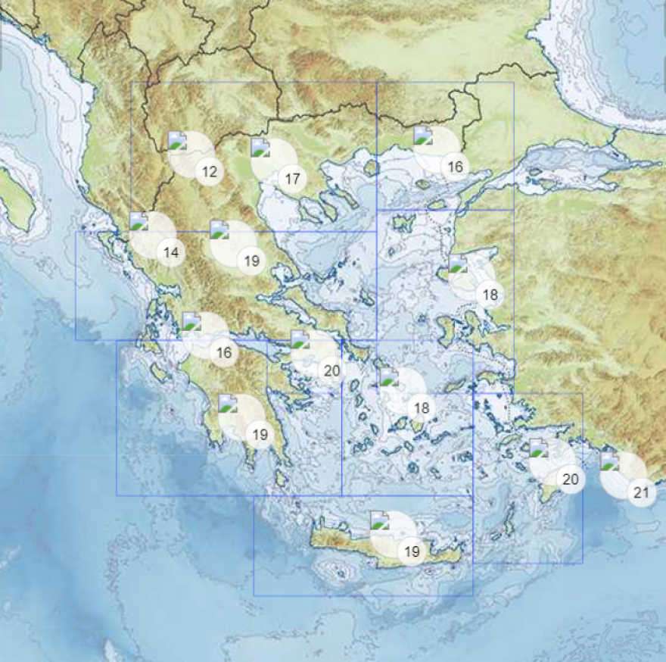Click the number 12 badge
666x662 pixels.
pos(210,172)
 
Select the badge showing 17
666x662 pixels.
pos(292,180)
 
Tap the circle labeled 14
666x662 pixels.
pos(172,253)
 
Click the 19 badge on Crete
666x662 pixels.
pos(412,552)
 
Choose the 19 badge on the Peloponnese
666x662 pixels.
pos(260,435)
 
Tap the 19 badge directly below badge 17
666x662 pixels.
pos(252,261)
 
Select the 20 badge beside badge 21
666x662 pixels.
pos(571,479)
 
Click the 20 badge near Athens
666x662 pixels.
pos(331,371)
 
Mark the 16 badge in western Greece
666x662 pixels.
pos(224,353)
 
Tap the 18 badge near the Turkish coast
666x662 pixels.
pos(490,295)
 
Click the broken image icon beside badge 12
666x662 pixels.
pos(177,140)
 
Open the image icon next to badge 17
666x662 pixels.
pos(260,148)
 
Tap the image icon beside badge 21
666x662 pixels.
pos(609,461)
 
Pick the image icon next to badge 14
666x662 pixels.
pos(138,222)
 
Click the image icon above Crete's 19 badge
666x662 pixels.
pos(379,520)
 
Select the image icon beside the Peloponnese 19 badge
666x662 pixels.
pos(227,403)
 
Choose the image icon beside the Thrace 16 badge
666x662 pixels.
pos(422,136)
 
